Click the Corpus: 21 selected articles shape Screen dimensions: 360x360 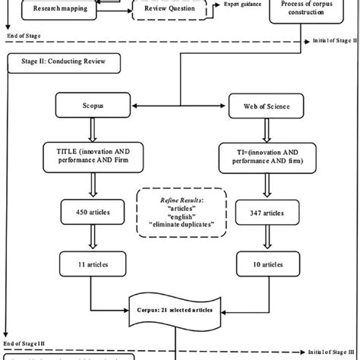pyautogui.click(x=181, y=309)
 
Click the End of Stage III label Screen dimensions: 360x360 pyautogui.click(x=26, y=333)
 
